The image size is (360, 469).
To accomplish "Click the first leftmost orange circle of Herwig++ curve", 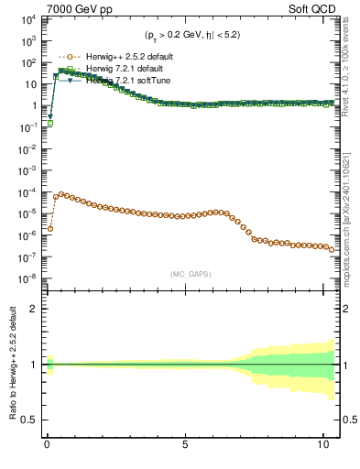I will (x=49, y=228).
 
